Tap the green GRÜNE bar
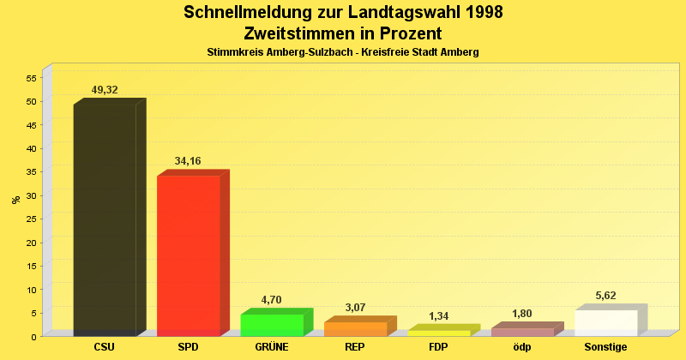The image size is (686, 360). (272, 325)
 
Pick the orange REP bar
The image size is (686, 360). (355, 328)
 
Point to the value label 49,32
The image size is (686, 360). (105, 90)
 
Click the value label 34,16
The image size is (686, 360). (188, 161)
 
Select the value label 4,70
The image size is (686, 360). (272, 300)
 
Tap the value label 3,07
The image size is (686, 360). (355, 308)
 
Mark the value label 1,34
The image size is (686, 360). (438, 316)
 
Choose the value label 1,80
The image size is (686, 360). (522, 314)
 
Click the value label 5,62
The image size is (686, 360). (605, 296)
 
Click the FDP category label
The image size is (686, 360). (438, 347)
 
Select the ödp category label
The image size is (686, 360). (522, 347)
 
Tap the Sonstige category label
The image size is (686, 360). (605, 347)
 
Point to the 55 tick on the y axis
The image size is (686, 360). (32, 78)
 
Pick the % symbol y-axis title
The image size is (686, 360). (15, 200)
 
